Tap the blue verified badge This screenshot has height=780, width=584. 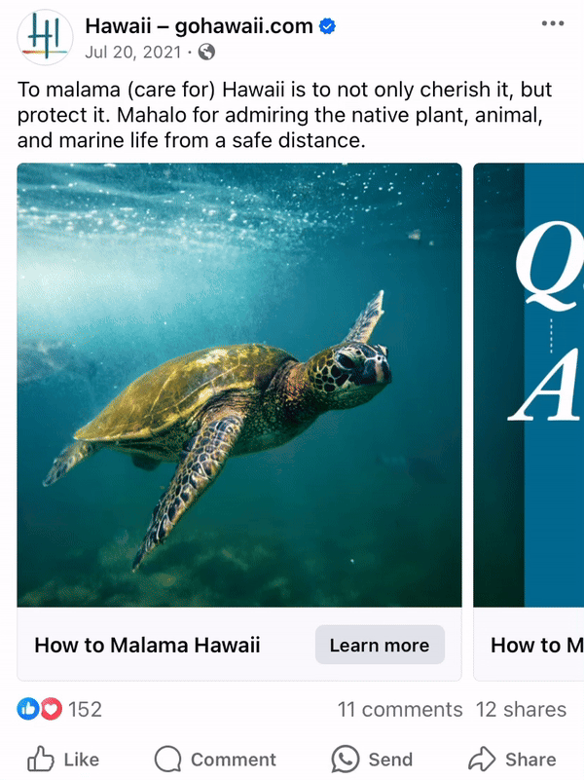coord(328,26)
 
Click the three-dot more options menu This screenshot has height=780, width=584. coord(552,23)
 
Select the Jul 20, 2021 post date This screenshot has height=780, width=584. coord(132,52)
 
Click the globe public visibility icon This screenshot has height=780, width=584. coord(206,52)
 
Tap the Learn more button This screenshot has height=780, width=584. coord(379,645)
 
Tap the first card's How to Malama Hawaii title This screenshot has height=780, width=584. coord(147,645)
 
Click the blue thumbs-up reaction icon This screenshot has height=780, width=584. coord(27,709)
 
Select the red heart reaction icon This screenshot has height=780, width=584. coord(51,709)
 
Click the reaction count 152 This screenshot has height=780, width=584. coord(85,710)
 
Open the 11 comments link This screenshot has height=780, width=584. coord(399,710)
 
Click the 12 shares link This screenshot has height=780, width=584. coord(521,710)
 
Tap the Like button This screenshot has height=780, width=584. coord(63,760)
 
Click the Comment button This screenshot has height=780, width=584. coord(215,760)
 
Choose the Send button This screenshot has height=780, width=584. coord(372,760)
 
